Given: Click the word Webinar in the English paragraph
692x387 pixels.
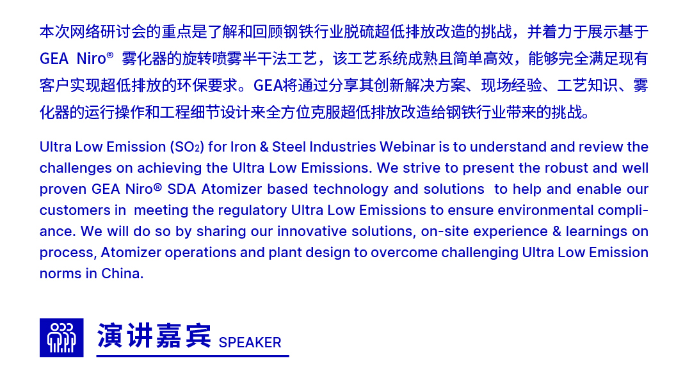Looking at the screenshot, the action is coord(407,146).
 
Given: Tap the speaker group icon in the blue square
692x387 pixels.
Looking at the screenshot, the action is coord(61,338).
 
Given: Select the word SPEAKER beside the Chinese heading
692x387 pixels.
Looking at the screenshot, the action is coord(250,342).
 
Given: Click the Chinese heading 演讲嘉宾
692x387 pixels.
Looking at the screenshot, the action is coord(154,336).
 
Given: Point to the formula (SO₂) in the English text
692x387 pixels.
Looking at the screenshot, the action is coord(187,146).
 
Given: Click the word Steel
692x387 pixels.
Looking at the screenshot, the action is coord(289,146).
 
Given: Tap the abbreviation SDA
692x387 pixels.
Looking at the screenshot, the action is coord(181,189).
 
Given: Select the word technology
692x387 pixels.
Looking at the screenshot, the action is coord(351,189).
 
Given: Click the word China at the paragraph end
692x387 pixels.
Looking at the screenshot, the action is coord(122,274).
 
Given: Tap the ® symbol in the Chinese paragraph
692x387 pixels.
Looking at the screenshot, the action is coord(110,54).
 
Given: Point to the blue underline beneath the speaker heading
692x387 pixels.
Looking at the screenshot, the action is coord(193,356).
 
